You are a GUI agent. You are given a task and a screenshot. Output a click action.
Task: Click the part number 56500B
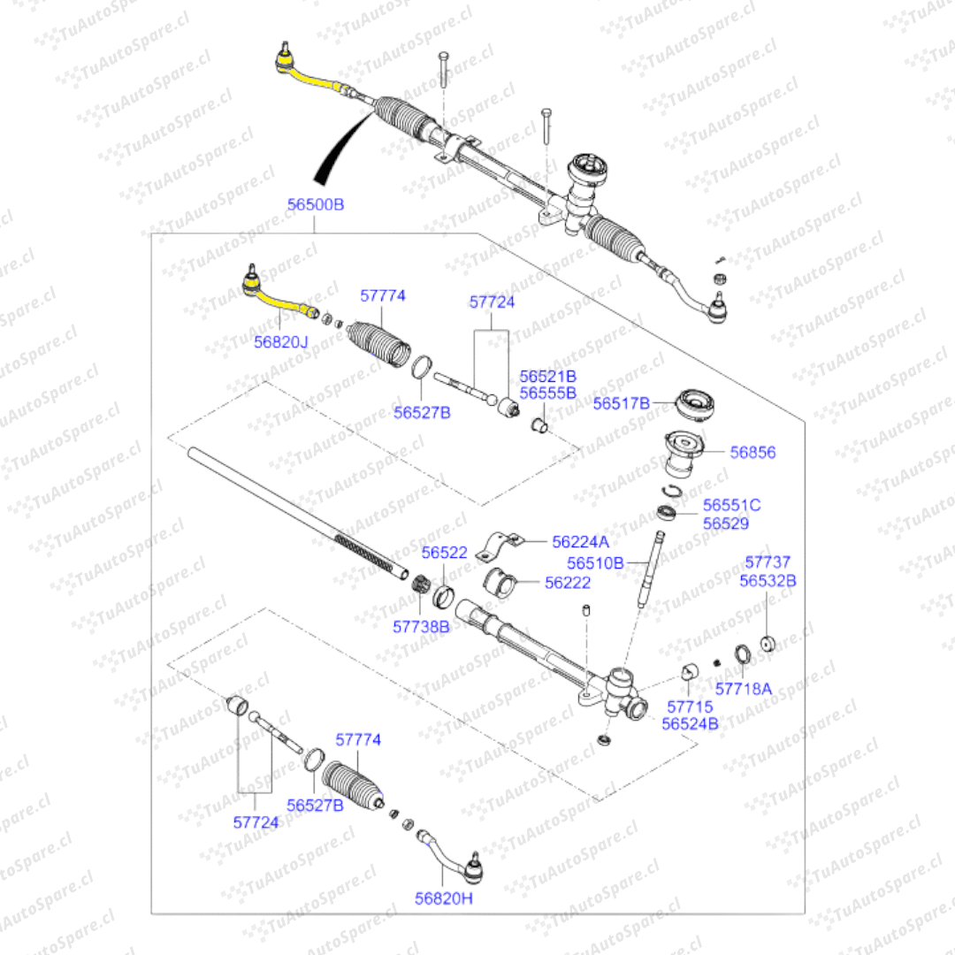pyautogui.click(x=316, y=204)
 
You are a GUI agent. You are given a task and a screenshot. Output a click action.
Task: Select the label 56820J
pyautogui.click(x=281, y=341)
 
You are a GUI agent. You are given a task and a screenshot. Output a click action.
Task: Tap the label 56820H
pyautogui.click(x=443, y=898)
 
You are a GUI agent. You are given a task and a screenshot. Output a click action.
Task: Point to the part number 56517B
pyautogui.click(x=622, y=403)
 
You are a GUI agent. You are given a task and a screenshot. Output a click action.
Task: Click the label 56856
pyautogui.click(x=753, y=452)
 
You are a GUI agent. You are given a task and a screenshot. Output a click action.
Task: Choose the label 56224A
pyautogui.click(x=580, y=541)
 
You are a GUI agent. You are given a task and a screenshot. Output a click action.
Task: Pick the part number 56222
pyautogui.click(x=568, y=583)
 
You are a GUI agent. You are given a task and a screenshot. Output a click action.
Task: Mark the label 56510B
pyautogui.click(x=595, y=562)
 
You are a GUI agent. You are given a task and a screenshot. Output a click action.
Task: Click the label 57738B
pyautogui.click(x=421, y=627)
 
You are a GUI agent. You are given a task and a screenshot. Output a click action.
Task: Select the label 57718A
pyautogui.click(x=743, y=689)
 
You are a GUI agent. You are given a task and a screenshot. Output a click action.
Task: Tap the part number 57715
pyautogui.click(x=690, y=707)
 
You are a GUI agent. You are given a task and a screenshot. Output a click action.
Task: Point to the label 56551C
pyautogui.click(x=731, y=505)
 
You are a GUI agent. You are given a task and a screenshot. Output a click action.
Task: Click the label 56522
pyautogui.click(x=444, y=553)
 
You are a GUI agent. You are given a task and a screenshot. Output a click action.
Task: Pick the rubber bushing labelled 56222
pyautogui.click(x=500, y=582)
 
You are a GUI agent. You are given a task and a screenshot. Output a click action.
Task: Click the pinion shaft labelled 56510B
pyautogui.click(x=651, y=569)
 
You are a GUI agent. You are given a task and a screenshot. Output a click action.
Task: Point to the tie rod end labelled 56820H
pyautogui.click(x=453, y=856)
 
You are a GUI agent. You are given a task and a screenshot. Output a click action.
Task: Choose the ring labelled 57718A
pyautogui.click(x=742, y=654)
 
